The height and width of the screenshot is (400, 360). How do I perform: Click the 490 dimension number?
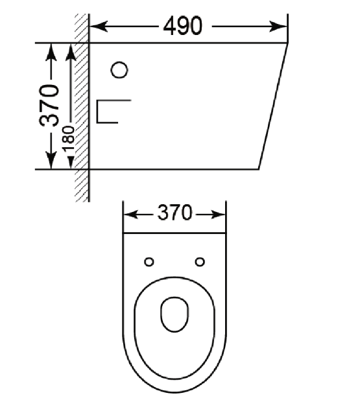pos(183,26)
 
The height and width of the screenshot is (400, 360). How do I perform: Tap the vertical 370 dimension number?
pos(49,105)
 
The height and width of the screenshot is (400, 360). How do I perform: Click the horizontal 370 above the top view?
pos(174,213)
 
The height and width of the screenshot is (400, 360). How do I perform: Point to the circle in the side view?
pos(119,70)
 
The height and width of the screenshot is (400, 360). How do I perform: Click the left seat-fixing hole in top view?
pos(149,262)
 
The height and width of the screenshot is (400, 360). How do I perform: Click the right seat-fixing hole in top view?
pos(200,262)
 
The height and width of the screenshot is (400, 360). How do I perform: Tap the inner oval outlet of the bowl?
pos(174,314)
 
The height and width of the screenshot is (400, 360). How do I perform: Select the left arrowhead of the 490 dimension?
pos(99,27)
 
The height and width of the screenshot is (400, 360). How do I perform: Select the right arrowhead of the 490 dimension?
pos(278,27)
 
